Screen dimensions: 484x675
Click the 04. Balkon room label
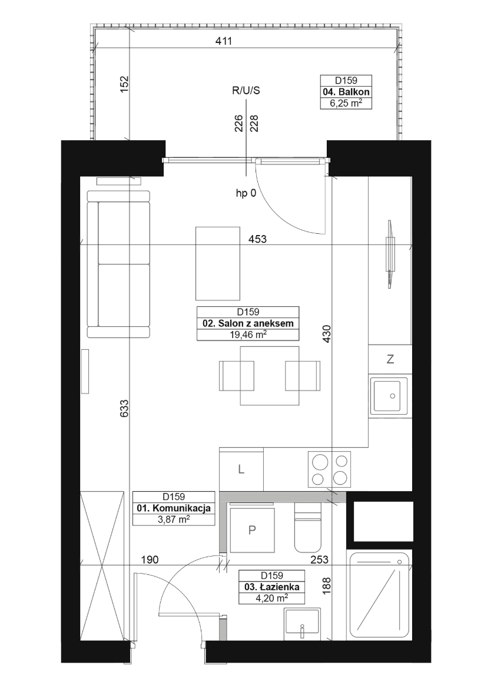pos(346,92)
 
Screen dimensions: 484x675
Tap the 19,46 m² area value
pos(247,335)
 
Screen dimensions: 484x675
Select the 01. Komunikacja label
pos(173,508)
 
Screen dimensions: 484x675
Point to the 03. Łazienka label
pos(271,587)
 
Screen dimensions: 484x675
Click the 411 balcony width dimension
pos(224,41)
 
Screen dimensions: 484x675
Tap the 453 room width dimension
pos(257,239)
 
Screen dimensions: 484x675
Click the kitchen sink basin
pos(388,396)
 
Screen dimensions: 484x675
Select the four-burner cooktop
pos(329,469)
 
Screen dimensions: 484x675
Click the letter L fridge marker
pos(241,469)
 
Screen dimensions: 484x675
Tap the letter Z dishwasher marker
pos(390,359)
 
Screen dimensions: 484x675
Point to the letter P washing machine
pos(252,530)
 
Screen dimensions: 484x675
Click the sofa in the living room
pos(119,264)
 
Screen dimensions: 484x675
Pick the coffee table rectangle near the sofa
pos(218,263)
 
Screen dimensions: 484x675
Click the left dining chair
pos(236,376)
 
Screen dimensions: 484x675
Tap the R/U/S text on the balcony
pos(246,91)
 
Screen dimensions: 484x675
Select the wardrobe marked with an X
pos(102,568)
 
